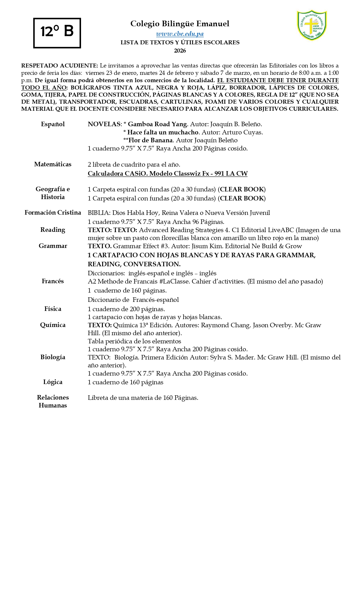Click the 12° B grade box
tap(57, 33)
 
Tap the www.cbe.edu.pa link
tap(180, 34)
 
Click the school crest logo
tap(312, 25)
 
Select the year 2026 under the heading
tap(180, 51)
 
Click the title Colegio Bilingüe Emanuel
tap(180, 24)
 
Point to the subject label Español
tap(53, 124)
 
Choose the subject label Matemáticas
tap(53, 164)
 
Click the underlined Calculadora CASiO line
tap(167, 174)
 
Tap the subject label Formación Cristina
tap(53, 213)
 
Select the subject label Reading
tap(53, 230)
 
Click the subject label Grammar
tap(53, 246)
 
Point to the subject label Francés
tap(53, 281)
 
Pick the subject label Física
tap(53, 309)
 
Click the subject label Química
tap(53, 325)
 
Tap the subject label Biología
tap(53, 357)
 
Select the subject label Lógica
tap(53, 382)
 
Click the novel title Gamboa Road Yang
tap(157, 124)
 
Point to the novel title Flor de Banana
tap(150, 140)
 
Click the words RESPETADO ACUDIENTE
tap(60, 66)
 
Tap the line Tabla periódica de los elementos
tap(134, 341)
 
